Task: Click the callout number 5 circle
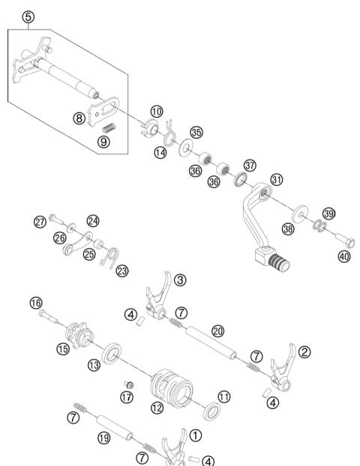click(28, 16)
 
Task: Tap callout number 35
click(196, 133)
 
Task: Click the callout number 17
click(126, 397)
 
